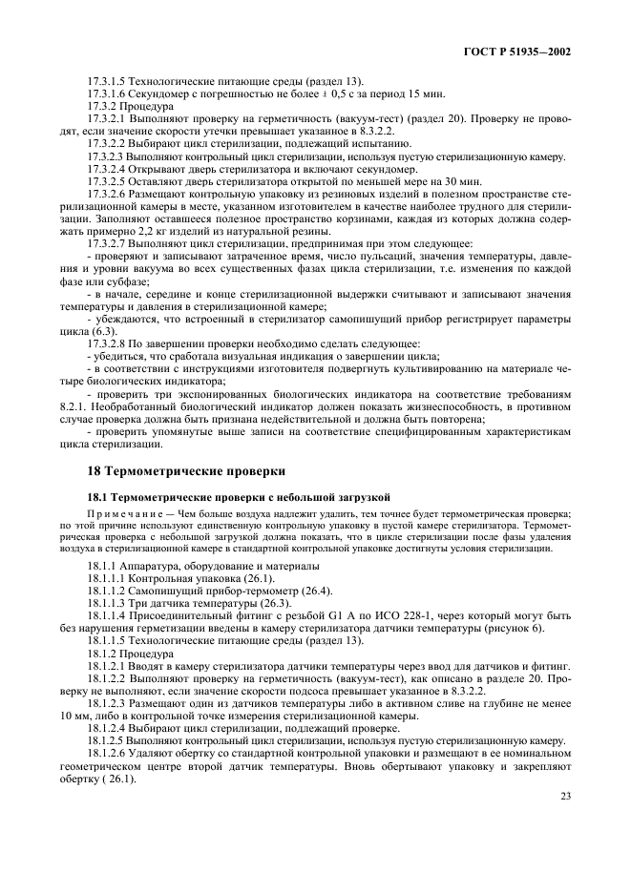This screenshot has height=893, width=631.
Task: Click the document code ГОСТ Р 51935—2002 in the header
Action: pos(531,52)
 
